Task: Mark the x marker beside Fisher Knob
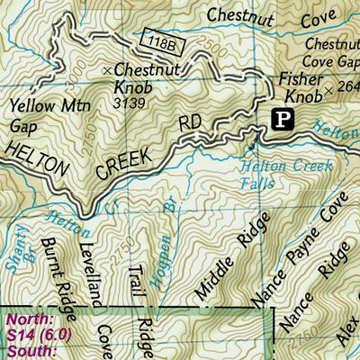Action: (330, 90)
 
